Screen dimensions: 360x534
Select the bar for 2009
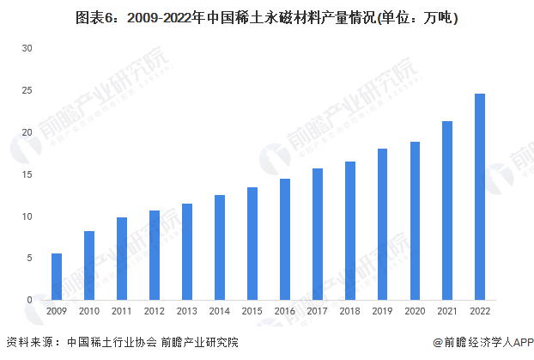point(57,277)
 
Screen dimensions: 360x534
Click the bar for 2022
point(480,197)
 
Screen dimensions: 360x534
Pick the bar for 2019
point(382,224)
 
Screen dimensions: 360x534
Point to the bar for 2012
point(155,255)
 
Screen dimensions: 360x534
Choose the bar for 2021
point(447,211)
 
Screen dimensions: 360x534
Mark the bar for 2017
point(318,234)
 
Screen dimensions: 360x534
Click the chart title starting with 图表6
point(267,15)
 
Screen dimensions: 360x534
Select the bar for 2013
point(187,252)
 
